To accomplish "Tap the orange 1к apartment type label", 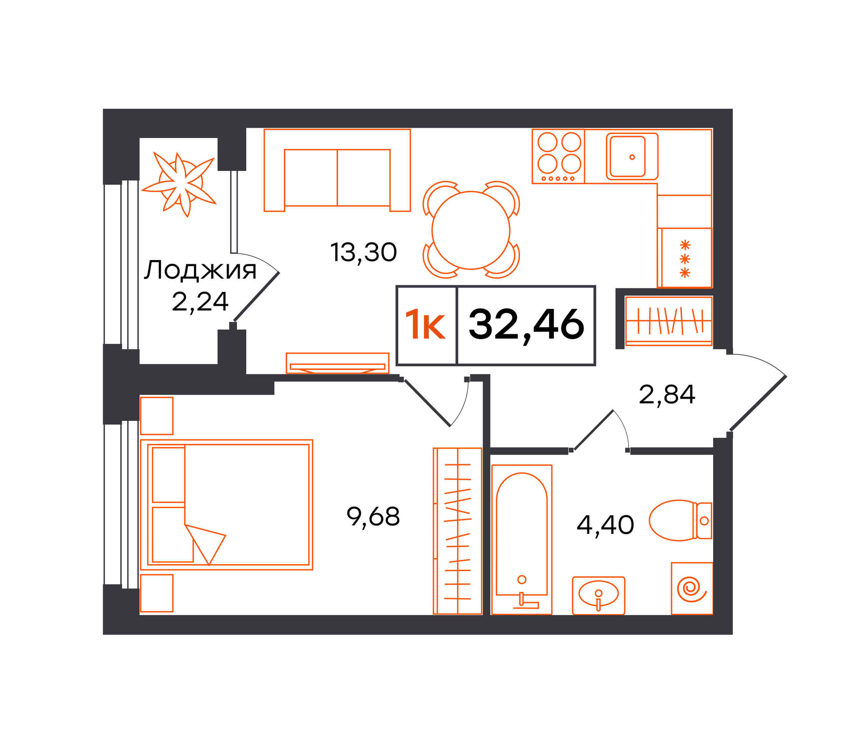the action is click(x=425, y=326).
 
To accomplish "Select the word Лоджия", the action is click(x=200, y=270).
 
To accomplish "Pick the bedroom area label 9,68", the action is click(x=373, y=517).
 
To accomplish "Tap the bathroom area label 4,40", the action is click(x=605, y=525).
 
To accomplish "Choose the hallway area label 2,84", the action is click(x=667, y=394).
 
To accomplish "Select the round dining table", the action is click(x=471, y=230).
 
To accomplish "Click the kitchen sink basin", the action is click(x=632, y=157).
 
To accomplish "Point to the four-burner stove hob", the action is click(x=558, y=156).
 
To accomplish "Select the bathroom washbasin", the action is click(x=598, y=595).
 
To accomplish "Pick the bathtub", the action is click(x=521, y=539).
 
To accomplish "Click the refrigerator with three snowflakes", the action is click(x=685, y=257).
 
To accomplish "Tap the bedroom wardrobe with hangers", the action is click(x=458, y=531).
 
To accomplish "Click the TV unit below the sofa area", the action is click(x=337, y=363).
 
